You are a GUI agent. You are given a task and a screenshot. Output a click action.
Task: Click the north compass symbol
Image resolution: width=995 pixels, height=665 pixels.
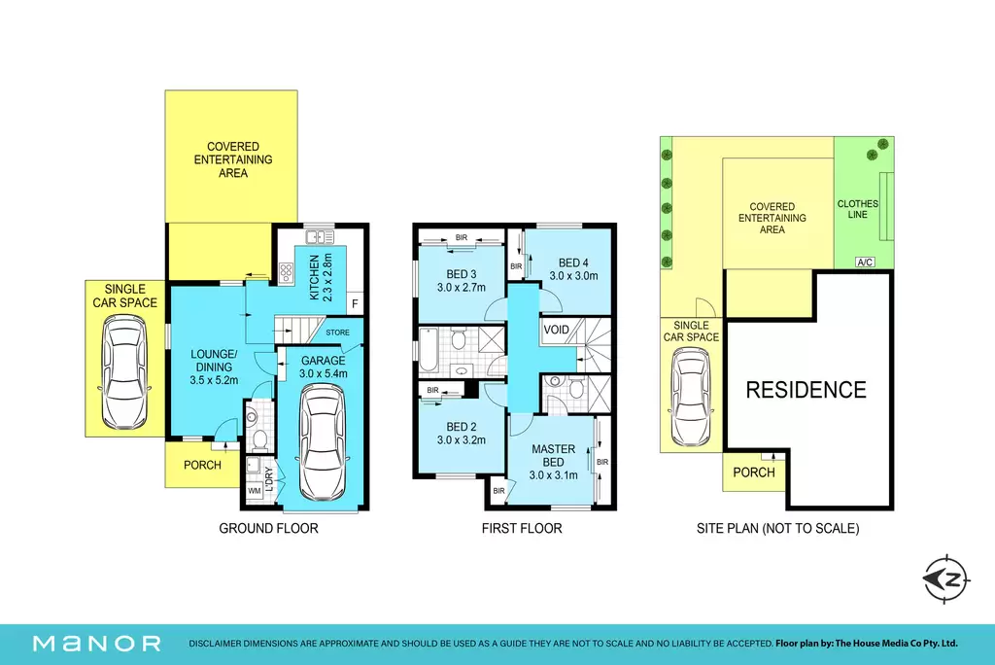pyautogui.click(x=946, y=578)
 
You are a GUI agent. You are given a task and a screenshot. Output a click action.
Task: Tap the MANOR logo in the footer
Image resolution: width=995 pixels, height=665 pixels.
pyautogui.click(x=97, y=644)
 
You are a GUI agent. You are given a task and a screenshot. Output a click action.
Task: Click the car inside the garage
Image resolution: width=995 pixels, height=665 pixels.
pyautogui.click(x=323, y=442)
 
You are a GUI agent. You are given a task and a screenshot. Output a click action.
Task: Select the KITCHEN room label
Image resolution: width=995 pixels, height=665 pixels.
pyautogui.click(x=314, y=277)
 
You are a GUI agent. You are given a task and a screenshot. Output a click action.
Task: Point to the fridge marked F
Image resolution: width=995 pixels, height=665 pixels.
pyautogui.click(x=355, y=303)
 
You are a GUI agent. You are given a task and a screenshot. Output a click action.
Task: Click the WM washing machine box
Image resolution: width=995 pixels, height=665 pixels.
pyautogui.click(x=255, y=490)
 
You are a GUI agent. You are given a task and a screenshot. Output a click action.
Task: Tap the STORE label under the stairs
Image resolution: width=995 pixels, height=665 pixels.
pyautogui.click(x=337, y=332)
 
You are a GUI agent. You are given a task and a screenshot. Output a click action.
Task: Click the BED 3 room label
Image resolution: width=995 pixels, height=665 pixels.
pyautogui.click(x=462, y=274)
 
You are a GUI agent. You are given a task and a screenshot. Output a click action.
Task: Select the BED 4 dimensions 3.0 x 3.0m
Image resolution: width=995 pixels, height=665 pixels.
pyautogui.click(x=573, y=276)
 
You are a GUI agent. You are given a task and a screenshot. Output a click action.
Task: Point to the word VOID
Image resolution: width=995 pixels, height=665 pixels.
pyautogui.click(x=557, y=330)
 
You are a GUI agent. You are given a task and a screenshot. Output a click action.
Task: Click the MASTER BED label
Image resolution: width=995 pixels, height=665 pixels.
pyautogui.click(x=553, y=455)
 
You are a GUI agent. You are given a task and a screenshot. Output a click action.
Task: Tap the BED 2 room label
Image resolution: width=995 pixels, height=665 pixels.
pyautogui.click(x=462, y=427)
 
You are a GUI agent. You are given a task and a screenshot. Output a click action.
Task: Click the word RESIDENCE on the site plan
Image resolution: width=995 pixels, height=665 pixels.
pyautogui.click(x=806, y=390)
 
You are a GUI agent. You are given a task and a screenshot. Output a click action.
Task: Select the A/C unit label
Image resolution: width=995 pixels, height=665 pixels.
pyautogui.click(x=865, y=262)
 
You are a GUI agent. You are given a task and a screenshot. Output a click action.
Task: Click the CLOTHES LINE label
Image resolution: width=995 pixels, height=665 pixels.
pyautogui.click(x=857, y=209)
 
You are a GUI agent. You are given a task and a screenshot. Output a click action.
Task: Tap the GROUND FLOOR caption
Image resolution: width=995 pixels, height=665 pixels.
pyautogui.click(x=268, y=529)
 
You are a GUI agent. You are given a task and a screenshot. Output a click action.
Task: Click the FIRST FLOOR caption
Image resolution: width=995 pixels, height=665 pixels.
pyautogui.click(x=522, y=529)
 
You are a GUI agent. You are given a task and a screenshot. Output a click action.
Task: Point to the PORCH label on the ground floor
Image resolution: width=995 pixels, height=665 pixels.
pyautogui.click(x=202, y=465)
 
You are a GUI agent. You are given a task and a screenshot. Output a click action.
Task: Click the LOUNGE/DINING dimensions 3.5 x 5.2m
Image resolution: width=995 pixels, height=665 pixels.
pyautogui.click(x=214, y=380)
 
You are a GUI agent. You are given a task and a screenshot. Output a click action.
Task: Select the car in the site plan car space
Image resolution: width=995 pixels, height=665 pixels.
pyautogui.click(x=691, y=397)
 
